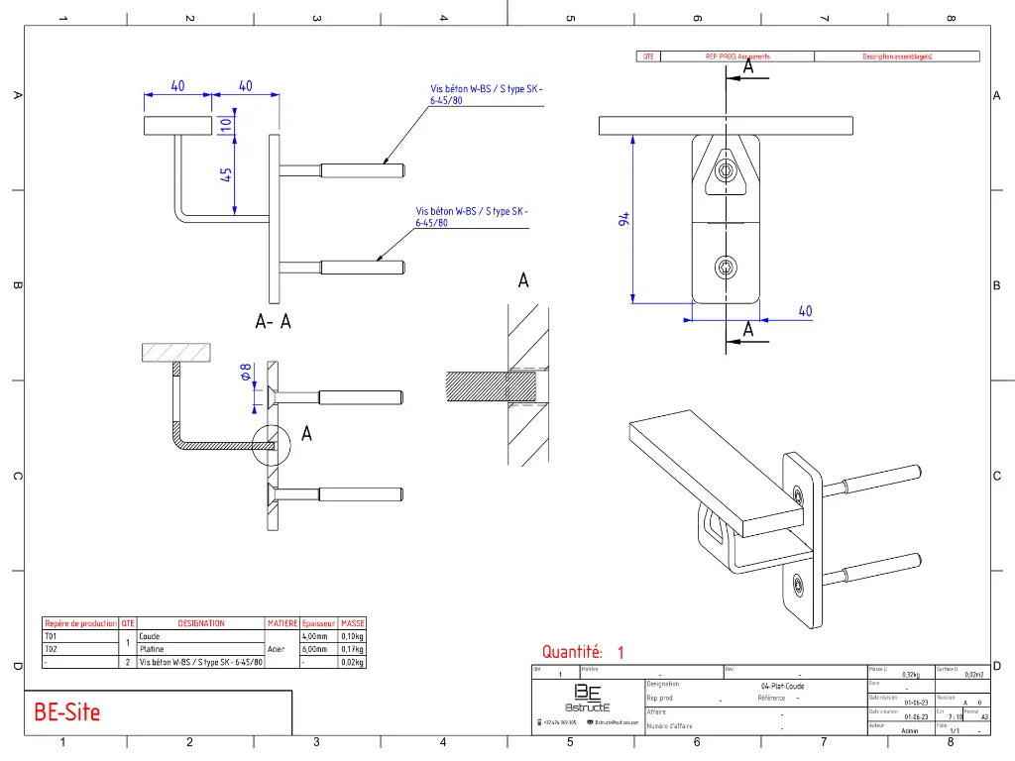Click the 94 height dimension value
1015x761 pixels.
click(x=624, y=219)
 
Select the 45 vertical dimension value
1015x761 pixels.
click(x=226, y=173)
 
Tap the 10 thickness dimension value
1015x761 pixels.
click(x=226, y=126)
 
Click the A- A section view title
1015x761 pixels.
click(x=273, y=322)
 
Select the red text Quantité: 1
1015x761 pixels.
click(x=583, y=652)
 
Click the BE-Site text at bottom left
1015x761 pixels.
click(x=67, y=711)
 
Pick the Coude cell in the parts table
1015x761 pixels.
click(x=150, y=636)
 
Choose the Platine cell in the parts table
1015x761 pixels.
click(x=152, y=649)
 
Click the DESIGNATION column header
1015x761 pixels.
click(x=201, y=623)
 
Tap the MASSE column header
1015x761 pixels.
click(x=353, y=623)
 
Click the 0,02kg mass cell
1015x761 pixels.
click(x=353, y=662)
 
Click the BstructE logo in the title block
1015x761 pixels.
click(x=588, y=699)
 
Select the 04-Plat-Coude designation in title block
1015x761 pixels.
click(x=782, y=686)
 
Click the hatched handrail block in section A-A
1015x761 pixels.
click(x=175, y=352)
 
